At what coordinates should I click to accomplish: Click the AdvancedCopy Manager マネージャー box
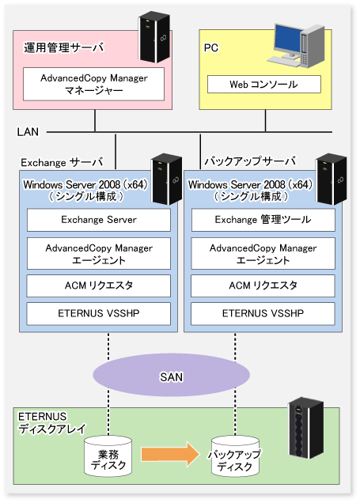point(93,84)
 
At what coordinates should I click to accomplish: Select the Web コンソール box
point(264,85)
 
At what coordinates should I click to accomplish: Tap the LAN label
point(28,132)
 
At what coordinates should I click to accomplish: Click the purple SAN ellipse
point(172,375)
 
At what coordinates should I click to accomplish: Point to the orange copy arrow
point(170,454)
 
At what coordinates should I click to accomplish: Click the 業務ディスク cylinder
point(108,456)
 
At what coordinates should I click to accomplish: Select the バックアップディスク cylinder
point(235,456)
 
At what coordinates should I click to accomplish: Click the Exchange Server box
point(99,220)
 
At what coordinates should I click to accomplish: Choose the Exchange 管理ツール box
point(263,220)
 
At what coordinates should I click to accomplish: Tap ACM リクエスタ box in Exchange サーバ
point(99,286)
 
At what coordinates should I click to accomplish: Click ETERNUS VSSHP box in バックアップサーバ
point(263,313)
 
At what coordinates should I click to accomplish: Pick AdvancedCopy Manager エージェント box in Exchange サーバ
point(99,253)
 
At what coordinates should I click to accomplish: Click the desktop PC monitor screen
point(288,38)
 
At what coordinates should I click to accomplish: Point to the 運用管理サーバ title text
point(64,47)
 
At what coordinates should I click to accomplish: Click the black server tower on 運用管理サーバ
point(154,37)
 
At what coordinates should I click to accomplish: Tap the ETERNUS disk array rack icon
point(305,428)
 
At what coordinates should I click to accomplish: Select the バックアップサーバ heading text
point(250,161)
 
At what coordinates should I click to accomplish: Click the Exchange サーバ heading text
point(62,162)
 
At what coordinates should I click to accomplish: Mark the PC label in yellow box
point(211,47)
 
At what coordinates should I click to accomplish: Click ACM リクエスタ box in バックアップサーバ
point(263,286)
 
